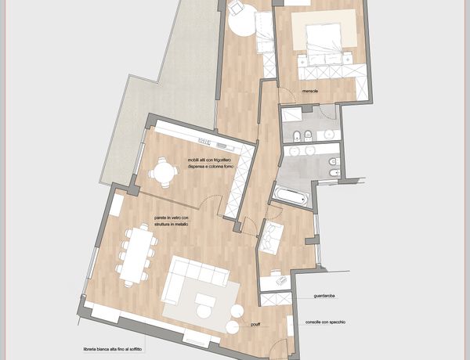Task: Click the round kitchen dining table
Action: pos(164,172)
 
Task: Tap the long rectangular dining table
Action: pos(136,254)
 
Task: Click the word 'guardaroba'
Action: pos(324,296)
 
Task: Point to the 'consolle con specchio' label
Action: pos(325,322)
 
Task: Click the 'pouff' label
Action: pos(255,324)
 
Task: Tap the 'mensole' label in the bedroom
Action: pos(310,91)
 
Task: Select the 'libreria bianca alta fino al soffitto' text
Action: pos(113,349)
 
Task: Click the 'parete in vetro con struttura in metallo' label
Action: pos(172,221)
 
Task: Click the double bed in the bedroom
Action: pos(324,44)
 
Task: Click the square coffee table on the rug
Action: pos(205,300)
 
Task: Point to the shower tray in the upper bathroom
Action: pos(291,115)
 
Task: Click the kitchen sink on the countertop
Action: pos(223,146)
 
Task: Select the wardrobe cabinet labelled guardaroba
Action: pos(276,300)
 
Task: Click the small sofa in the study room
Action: pos(271,238)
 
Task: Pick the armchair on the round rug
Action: pos(236,7)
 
